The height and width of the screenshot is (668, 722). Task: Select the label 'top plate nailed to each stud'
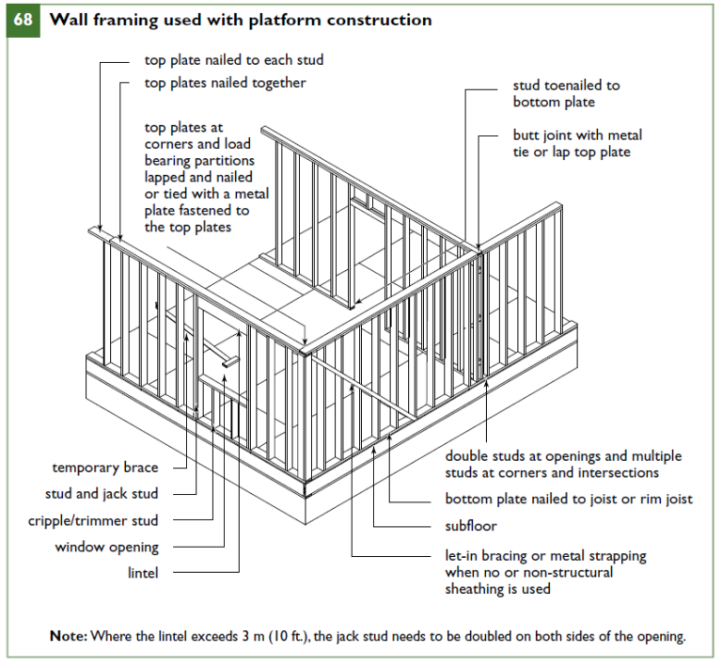[233, 60]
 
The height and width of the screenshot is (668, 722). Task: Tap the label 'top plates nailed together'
[225, 83]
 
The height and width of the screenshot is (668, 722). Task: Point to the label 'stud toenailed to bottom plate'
[566, 93]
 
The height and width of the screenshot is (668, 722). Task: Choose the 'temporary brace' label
[105, 467]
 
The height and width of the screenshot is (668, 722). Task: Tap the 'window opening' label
[106, 547]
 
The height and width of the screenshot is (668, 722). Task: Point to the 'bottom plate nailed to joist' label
[568, 499]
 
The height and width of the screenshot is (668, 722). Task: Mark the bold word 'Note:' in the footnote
[69, 636]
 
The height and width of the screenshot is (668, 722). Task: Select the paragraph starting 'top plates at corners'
[207, 177]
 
